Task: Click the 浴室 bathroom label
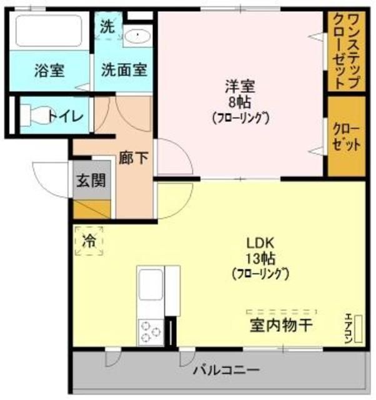coord(49,70)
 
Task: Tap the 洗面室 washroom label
coord(124,69)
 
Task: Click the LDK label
coord(261,243)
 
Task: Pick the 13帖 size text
coord(261,257)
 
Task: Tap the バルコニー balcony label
coord(226,370)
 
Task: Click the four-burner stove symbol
coord(150,331)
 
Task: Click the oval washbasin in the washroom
coord(136,36)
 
